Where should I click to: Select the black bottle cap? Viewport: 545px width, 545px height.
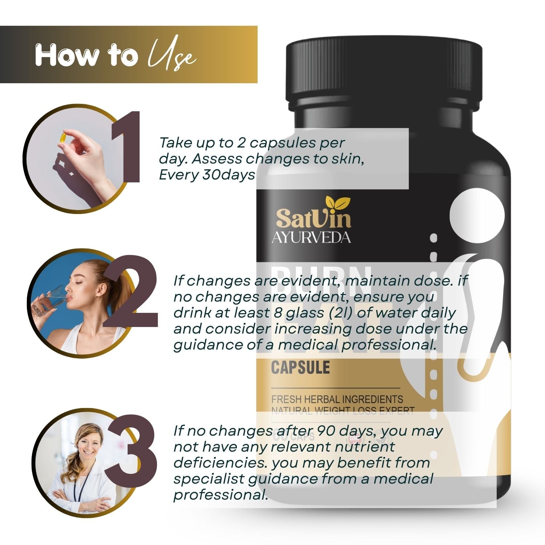(384, 71)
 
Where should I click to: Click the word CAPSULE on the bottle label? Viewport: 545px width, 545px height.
(300, 368)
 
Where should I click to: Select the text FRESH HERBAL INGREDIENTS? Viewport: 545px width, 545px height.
(337, 399)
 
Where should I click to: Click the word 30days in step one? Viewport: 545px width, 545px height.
(229, 175)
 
